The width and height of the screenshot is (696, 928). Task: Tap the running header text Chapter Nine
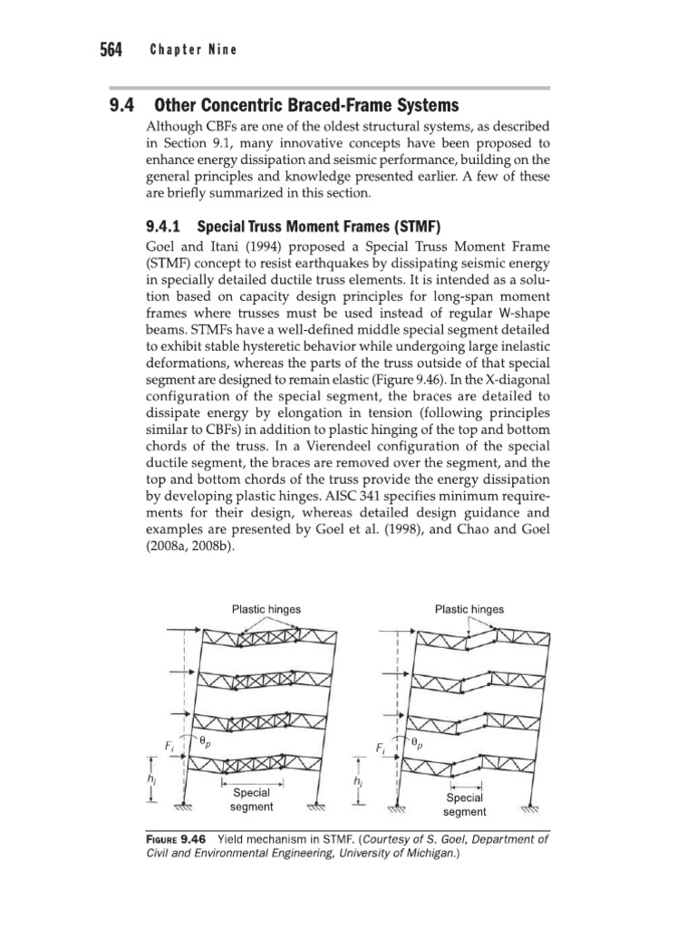[194, 50]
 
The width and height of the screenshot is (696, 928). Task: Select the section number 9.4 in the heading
[123, 105]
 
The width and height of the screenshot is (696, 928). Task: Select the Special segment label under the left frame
[252, 798]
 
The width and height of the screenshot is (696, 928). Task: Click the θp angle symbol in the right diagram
[416, 741]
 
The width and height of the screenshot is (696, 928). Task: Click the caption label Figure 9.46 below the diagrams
[176, 838]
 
